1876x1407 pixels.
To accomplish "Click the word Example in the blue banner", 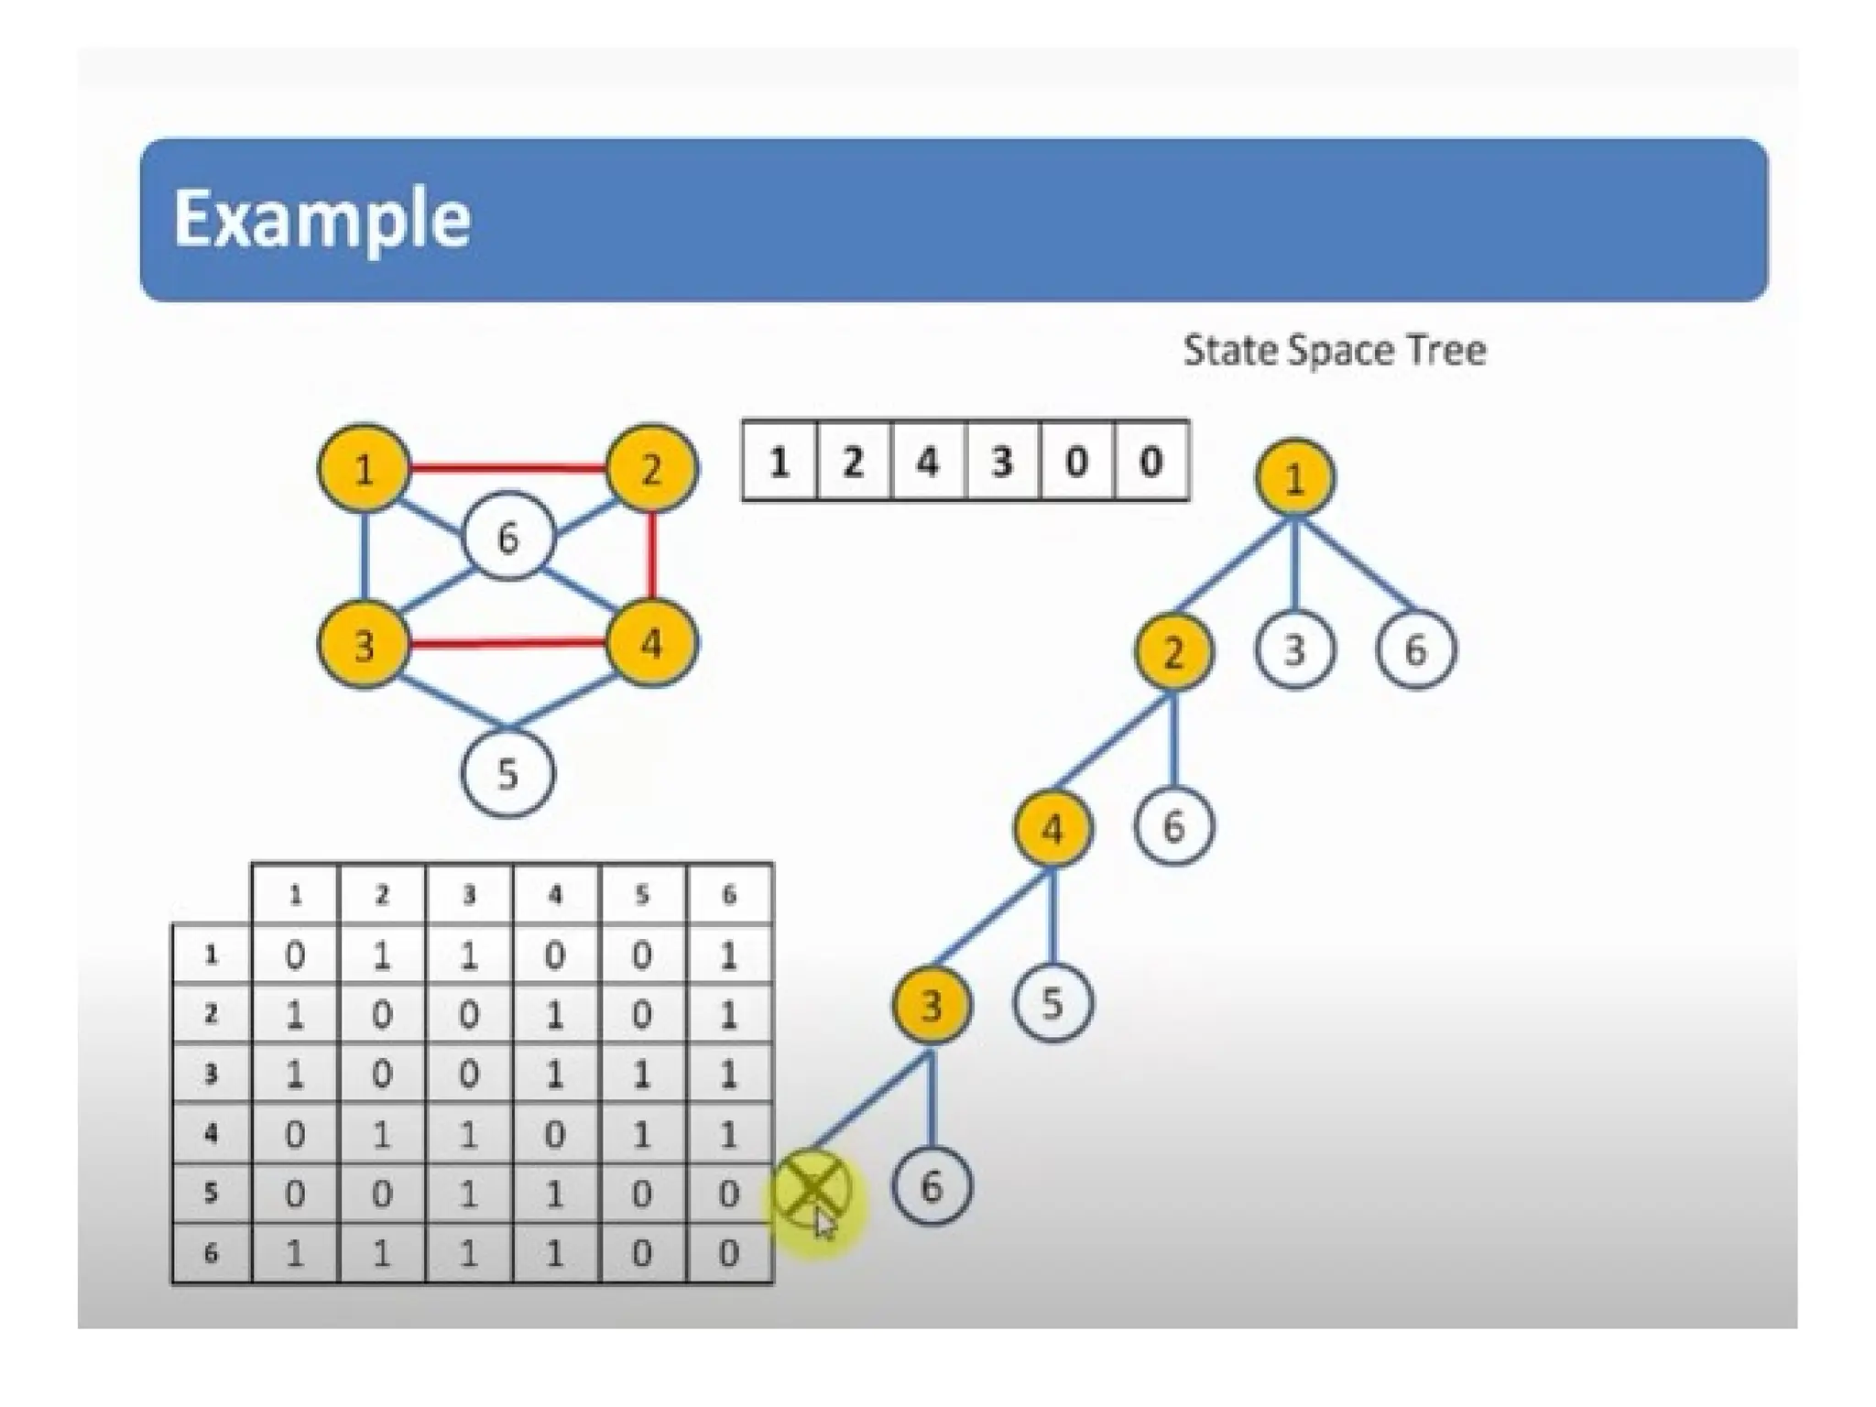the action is (322, 220).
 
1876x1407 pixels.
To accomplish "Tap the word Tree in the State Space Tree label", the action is (1446, 350).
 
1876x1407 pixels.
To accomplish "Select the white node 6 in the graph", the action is (507, 539).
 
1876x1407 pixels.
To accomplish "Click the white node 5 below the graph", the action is (507, 773).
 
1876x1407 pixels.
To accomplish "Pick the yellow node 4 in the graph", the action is (650, 643).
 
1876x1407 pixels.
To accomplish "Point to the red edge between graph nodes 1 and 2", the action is (507, 469).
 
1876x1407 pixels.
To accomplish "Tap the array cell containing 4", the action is (928, 461).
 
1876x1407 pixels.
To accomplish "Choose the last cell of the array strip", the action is (1151, 461).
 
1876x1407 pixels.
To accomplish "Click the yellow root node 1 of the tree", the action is (1293, 478).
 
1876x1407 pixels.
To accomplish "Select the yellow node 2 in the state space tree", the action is (1172, 652).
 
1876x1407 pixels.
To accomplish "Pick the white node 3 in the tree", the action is (1293, 650).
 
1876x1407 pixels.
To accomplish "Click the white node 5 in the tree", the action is (1052, 1003).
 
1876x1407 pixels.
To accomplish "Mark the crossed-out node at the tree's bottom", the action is (811, 1189).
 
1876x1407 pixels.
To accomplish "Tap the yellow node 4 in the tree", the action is (1052, 829).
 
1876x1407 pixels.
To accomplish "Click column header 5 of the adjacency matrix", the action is (642, 895).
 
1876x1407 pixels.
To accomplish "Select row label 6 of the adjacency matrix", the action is (211, 1252).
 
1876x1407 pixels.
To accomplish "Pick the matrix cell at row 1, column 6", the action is (729, 955).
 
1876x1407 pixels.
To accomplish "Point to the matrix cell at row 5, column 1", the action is (294, 1194).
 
